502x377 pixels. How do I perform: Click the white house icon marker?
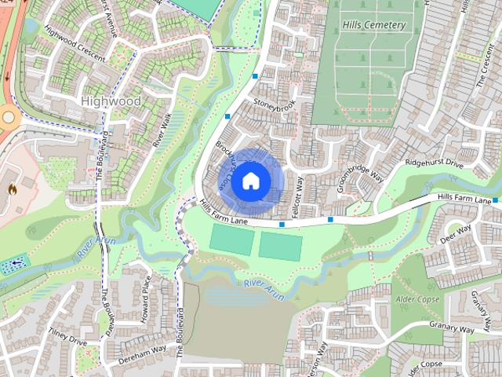pos(249,181)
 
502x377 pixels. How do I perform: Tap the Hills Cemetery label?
pos(373,25)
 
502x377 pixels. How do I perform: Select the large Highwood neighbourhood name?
pos(111,101)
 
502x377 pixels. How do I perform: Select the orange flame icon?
pos(12,189)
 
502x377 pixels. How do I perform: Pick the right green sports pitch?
pos(280,247)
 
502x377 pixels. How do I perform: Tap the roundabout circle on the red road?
pos(8,117)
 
